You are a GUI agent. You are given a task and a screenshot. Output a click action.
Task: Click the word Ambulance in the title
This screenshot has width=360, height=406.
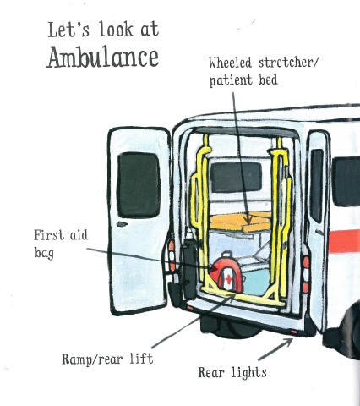tap(103, 58)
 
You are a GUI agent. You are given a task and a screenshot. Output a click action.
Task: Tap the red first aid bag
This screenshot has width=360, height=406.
tap(227, 273)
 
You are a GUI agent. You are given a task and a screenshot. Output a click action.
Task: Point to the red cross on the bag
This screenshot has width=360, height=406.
tap(229, 279)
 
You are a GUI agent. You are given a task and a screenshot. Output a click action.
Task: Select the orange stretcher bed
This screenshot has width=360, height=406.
tap(241, 222)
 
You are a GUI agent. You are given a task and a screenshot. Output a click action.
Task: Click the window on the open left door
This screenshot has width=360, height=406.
tap(139, 185)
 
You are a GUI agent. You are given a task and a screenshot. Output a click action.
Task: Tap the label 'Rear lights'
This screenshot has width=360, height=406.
tap(232, 372)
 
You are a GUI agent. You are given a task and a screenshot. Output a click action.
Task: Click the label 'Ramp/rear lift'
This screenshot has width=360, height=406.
tap(107, 359)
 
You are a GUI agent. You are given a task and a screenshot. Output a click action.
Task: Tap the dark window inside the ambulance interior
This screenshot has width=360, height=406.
tap(236, 178)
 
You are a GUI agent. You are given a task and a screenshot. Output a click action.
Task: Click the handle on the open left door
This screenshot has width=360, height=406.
tap(122, 224)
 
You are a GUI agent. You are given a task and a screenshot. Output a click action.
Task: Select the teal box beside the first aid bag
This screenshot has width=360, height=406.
tap(256, 282)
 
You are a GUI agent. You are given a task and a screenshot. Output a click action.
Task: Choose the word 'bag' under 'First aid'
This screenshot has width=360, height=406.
tap(44, 252)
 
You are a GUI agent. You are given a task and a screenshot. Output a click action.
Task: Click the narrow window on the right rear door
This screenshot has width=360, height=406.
tap(317, 186)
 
